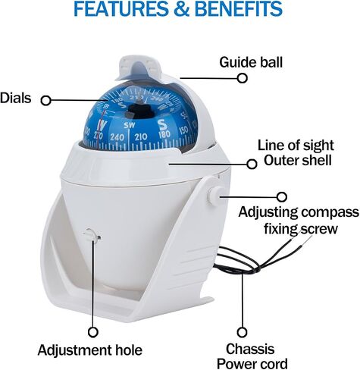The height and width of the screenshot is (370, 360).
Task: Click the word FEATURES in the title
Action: tap(121, 9)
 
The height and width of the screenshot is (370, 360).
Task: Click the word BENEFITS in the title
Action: tap(239, 9)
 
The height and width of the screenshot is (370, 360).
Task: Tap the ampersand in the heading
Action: tap(181, 9)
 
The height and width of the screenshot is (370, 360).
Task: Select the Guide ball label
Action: tap(251, 62)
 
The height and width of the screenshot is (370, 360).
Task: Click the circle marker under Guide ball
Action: tap(243, 78)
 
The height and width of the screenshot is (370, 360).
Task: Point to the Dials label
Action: tap(16, 98)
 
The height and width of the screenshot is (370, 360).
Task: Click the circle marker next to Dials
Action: tap(46, 101)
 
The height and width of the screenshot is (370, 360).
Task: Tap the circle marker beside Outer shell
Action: tap(252, 165)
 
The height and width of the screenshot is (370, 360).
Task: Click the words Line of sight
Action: tap(296, 146)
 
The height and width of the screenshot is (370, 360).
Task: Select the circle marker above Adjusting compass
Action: tap(282, 197)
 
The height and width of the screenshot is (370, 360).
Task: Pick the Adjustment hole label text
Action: tap(90, 350)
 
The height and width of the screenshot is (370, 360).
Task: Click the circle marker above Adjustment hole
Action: tap(93, 332)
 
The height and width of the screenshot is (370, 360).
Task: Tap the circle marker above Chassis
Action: tap(243, 332)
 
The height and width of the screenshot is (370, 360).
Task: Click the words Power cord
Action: tap(252, 364)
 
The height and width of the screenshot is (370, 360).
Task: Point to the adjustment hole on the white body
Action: tap(92, 236)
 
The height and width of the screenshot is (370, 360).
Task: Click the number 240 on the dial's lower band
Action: tap(117, 137)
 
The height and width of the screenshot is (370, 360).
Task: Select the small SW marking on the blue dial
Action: tap(130, 125)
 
